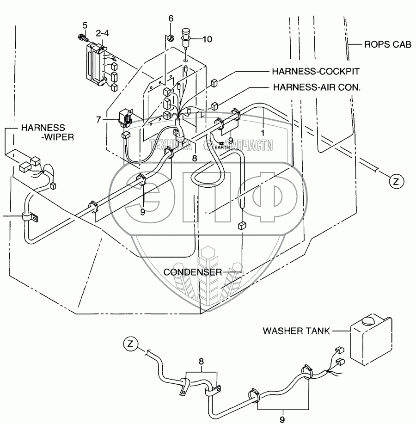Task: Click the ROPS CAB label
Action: pyautogui.click(x=386, y=45)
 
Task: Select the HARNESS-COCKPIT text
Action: pyautogui.click(x=316, y=72)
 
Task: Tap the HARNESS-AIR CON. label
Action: pyautogui.click(x=316, y=86)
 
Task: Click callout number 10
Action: pyautogui.click(x=207, y=39)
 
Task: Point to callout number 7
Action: pyautogui.click(x=98, y=120)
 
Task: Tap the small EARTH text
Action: pyautogui.click(x=221, y=148)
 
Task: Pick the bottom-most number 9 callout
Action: pyautogui.click(x=283, y=419)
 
